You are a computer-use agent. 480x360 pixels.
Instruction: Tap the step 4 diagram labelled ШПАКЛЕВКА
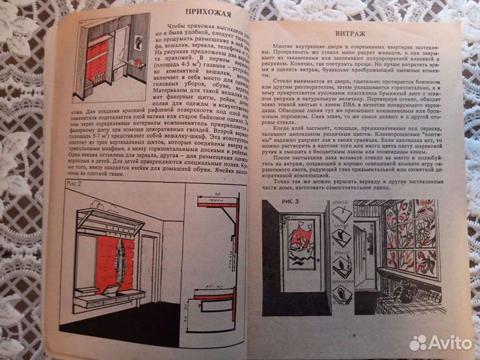[x=339, y=307]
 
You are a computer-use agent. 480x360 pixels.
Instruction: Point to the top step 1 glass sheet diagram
[x=340, y=213]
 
